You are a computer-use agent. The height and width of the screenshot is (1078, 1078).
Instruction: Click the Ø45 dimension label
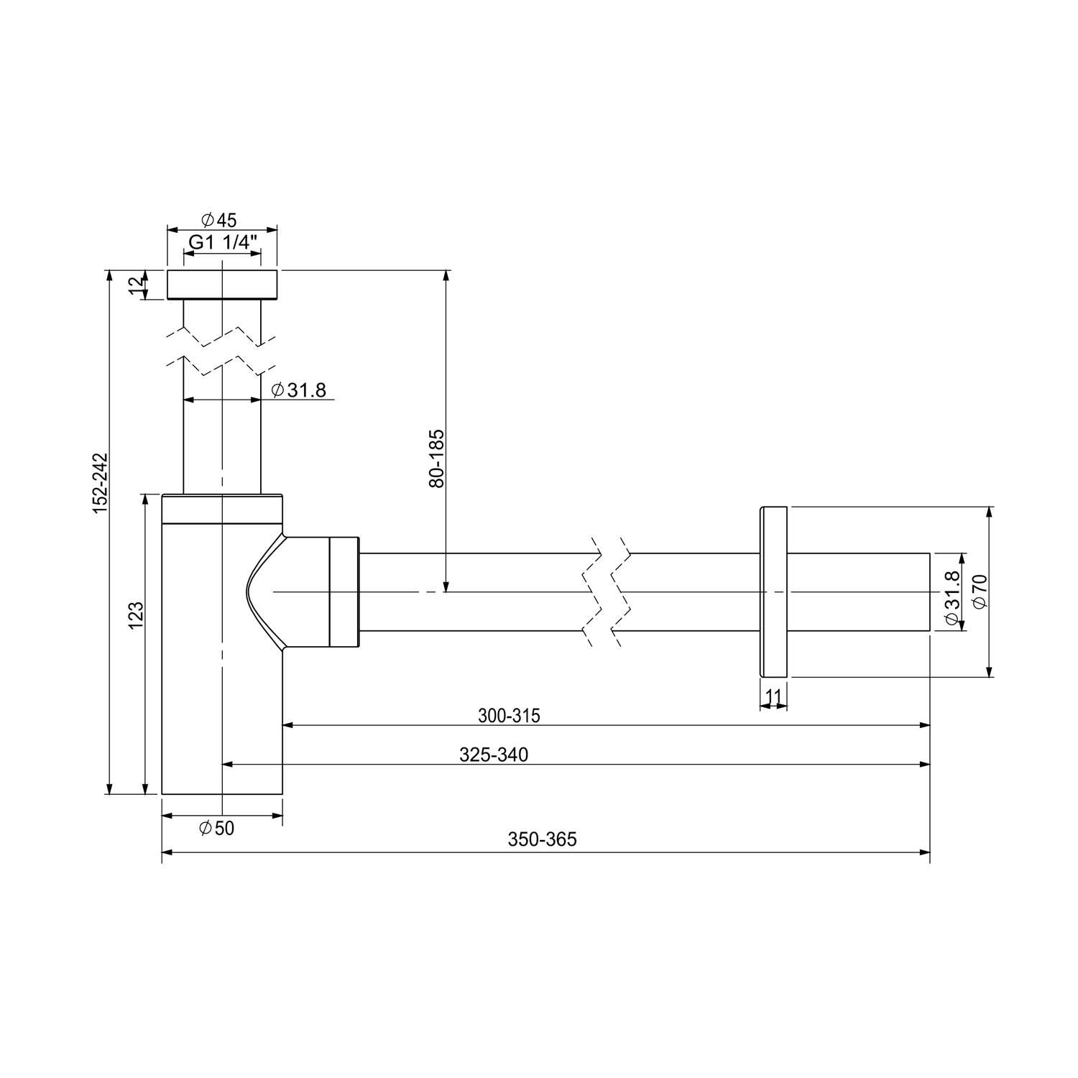[219, 219]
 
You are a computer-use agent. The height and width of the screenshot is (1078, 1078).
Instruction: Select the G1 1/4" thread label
[223, 242]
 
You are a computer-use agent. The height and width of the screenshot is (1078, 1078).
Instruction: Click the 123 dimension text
[137, 616]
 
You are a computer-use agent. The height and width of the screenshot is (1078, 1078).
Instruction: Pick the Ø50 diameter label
[216, 829]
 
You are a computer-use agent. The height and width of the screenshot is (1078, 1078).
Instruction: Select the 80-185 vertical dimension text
[436, 459]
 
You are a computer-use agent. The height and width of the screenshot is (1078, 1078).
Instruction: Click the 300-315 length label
[509, 716]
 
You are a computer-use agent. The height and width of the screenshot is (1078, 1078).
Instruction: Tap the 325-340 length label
[494, 755]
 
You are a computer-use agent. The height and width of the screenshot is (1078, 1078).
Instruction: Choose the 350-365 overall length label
[543, 839]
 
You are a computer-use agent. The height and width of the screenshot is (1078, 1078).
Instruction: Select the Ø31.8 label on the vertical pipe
[299, 390]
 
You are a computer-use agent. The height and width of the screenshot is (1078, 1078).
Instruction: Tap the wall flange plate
[773, 591]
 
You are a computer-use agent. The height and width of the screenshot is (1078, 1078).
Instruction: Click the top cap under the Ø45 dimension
[222, 285]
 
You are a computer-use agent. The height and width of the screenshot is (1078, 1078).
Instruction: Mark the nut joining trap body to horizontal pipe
[344, 591]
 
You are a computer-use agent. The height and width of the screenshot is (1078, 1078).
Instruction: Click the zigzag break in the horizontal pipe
[607, 591]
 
